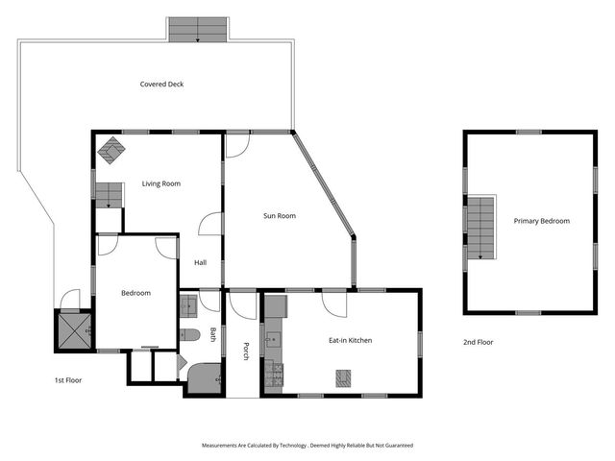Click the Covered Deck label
(x=161, y=85)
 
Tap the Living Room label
(x=161, y=183)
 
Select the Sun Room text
(x=280, y=216)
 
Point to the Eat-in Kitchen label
(x=351, y=340)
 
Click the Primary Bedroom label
(x=541, y=221)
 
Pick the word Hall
(x=201, y=262)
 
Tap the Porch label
(x=246, y=352)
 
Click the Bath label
(x=213, y=334)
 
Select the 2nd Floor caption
(x=478, y=342)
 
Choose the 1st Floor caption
(x=67, y=380)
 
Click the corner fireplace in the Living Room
(x=112, y=150)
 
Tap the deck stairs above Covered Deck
(x=197, y=30)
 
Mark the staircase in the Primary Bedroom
(x=480, y=228)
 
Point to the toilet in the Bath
(x=189, y=335)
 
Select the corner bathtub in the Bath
(x=204, y=376)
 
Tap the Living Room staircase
(x=108, y=195)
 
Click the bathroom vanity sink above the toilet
(x=188, y=306)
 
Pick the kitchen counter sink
(x=273, y=338)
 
